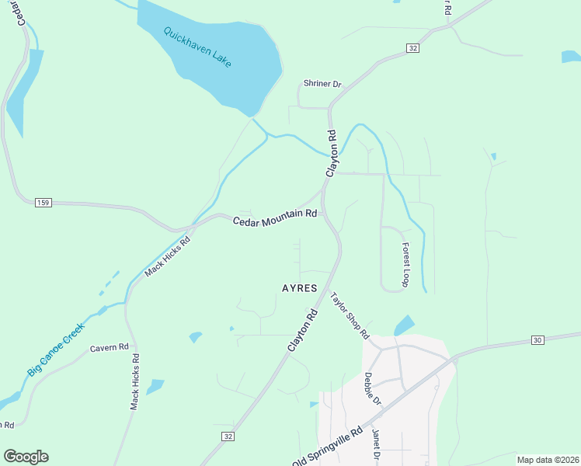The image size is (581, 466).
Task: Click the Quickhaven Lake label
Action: tap(197, 47)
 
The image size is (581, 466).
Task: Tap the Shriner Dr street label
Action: tap(322, 85)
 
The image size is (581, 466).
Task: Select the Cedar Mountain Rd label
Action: tap(275, 217)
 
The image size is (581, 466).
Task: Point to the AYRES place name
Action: tap(299, 288)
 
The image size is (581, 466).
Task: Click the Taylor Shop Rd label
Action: tap(349, 315)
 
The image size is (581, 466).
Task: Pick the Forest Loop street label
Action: tap(405, 265)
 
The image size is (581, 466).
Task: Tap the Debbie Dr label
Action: tap(373, 389)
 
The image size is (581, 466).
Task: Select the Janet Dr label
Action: tap(375, 445)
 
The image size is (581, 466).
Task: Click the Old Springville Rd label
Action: tap(327, 447)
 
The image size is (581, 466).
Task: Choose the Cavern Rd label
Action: tap(109, 348)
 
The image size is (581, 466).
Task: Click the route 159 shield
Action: tap(43, 203)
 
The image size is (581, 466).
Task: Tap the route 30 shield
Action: tap(538, 340)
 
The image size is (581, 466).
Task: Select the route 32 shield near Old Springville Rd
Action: tap(227, 437)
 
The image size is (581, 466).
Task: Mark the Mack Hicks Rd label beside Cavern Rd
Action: tap(135, 382)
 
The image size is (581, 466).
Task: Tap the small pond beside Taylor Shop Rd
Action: tap(405, 325)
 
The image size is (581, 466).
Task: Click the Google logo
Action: tap(26, 457)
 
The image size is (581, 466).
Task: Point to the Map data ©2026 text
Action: tap(547, 460)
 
